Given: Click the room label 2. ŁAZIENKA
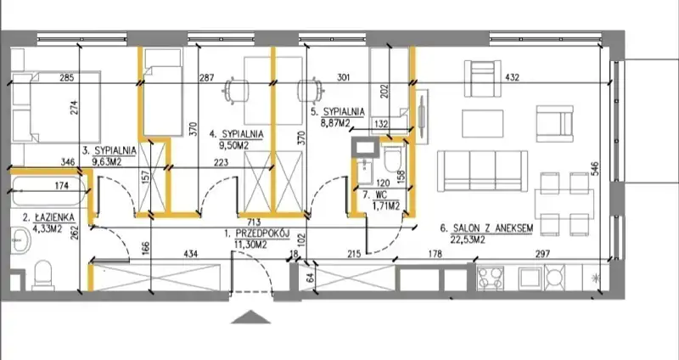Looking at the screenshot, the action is tap(48, 217).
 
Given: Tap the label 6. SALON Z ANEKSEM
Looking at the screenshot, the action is tap(486, 228).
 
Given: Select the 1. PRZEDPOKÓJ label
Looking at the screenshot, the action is tap(257, 233).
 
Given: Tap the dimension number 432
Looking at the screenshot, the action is tap(512, 77).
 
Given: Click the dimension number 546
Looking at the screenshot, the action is tap(595, 169).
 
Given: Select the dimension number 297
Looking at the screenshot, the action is tap(542, 254).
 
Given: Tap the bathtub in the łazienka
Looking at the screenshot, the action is tap(48, 190).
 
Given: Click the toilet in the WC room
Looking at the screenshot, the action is tap(394, 156).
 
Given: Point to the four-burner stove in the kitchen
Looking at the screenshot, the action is tap(491, 278).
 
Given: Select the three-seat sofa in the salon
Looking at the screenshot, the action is tap(482, 172).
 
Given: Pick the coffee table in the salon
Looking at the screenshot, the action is tap(483, 124).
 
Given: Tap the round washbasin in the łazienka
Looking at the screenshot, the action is tap(20, 239).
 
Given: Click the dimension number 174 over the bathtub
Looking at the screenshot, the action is tap(62, 185).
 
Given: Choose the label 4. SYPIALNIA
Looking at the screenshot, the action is tap(237, 134).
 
